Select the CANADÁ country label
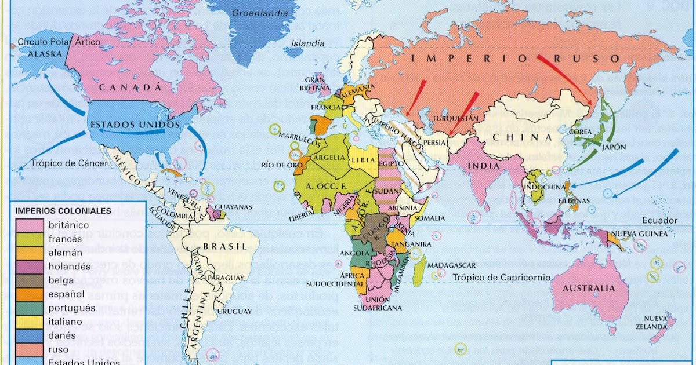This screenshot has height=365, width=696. coord(128,87)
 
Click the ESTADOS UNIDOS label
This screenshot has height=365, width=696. coord(126,125)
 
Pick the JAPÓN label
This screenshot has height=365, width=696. coord(614,147)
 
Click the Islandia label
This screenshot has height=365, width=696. coord(308,43)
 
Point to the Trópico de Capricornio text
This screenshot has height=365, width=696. coord(502,278)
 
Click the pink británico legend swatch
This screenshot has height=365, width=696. coord(28,225)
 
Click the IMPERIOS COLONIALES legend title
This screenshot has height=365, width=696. coord(63,211)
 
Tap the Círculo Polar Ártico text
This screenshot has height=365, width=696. coord(59,42)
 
